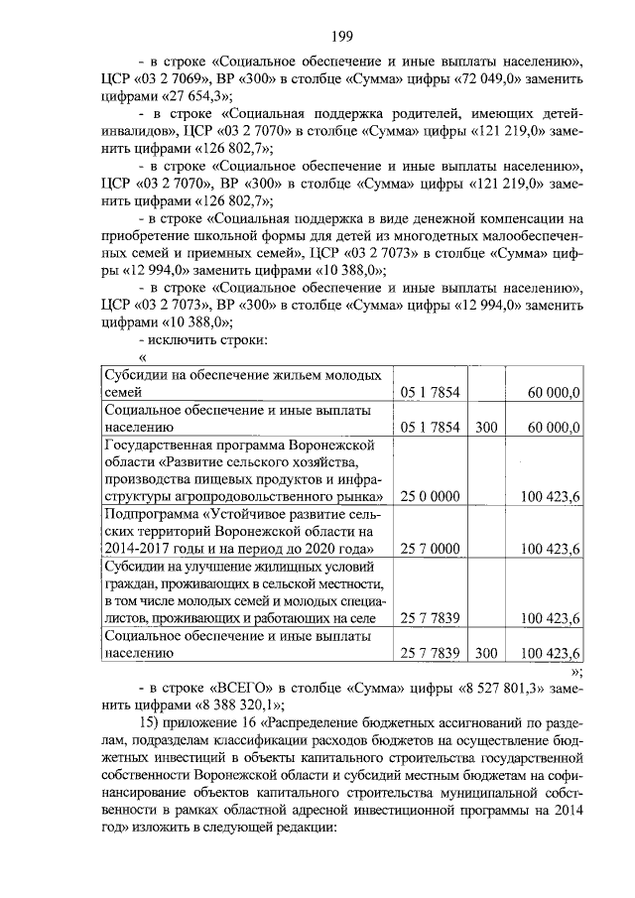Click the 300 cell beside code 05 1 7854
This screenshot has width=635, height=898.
pos(485,427)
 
